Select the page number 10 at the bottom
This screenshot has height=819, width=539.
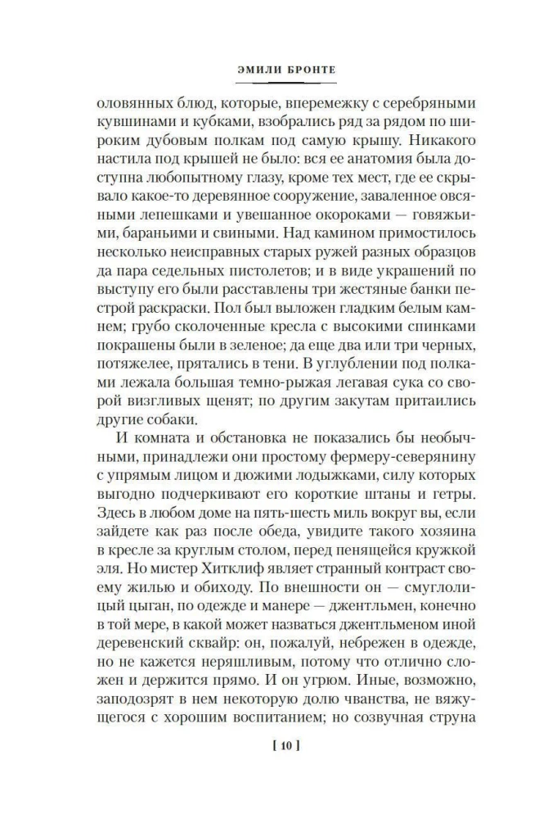tap(269, 768)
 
